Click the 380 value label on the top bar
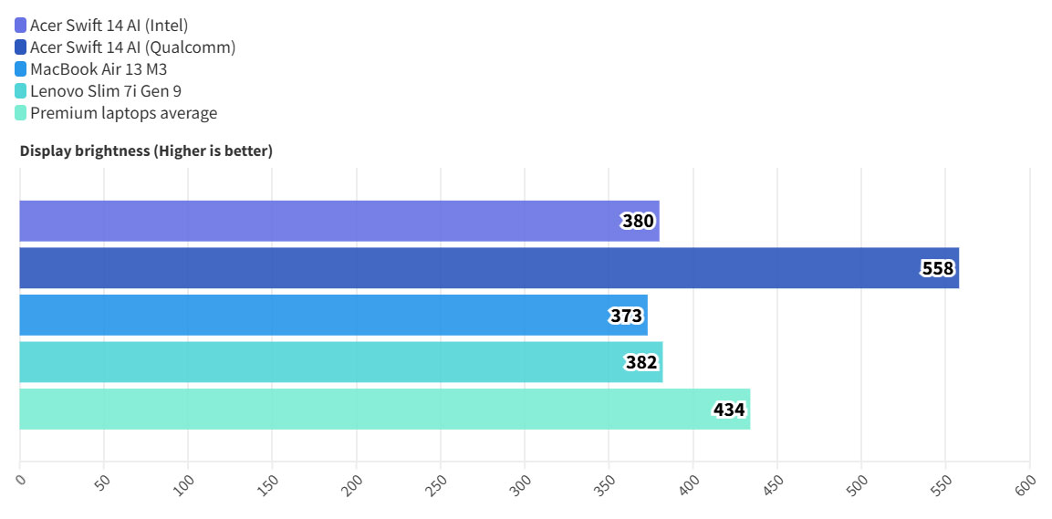(639, 221)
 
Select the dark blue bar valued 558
(488, 268)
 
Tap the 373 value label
(627, 316)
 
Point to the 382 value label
(641, 363)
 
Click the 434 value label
(729, 410)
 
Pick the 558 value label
(937, 268)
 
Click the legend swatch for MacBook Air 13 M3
(21, 69)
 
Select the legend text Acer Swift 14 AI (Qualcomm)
(133, 47)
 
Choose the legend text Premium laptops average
(124, 113)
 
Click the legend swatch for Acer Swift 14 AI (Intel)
(21, 26)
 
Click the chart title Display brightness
(146, 151)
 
